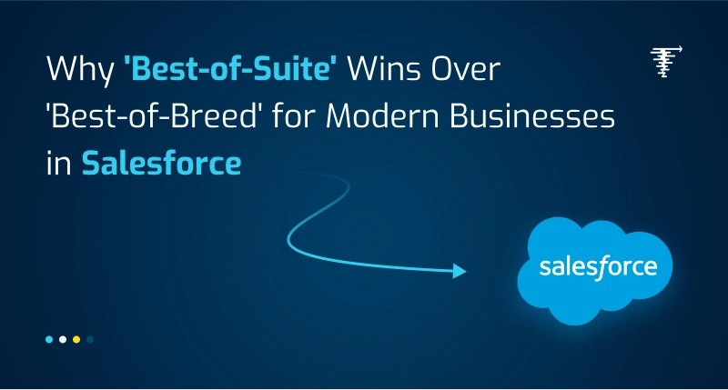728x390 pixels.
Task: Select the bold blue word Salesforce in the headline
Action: tap(161, 165)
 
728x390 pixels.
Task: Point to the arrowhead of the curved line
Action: tap(460, 271)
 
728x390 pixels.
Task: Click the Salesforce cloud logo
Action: tap(596, 268)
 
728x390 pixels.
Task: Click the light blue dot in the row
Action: tap(49, 339)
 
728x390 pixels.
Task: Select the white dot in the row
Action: tap(63, 339)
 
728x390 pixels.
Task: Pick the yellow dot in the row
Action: tap(76, 339)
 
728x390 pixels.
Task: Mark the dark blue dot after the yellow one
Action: tap(90, 339)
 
